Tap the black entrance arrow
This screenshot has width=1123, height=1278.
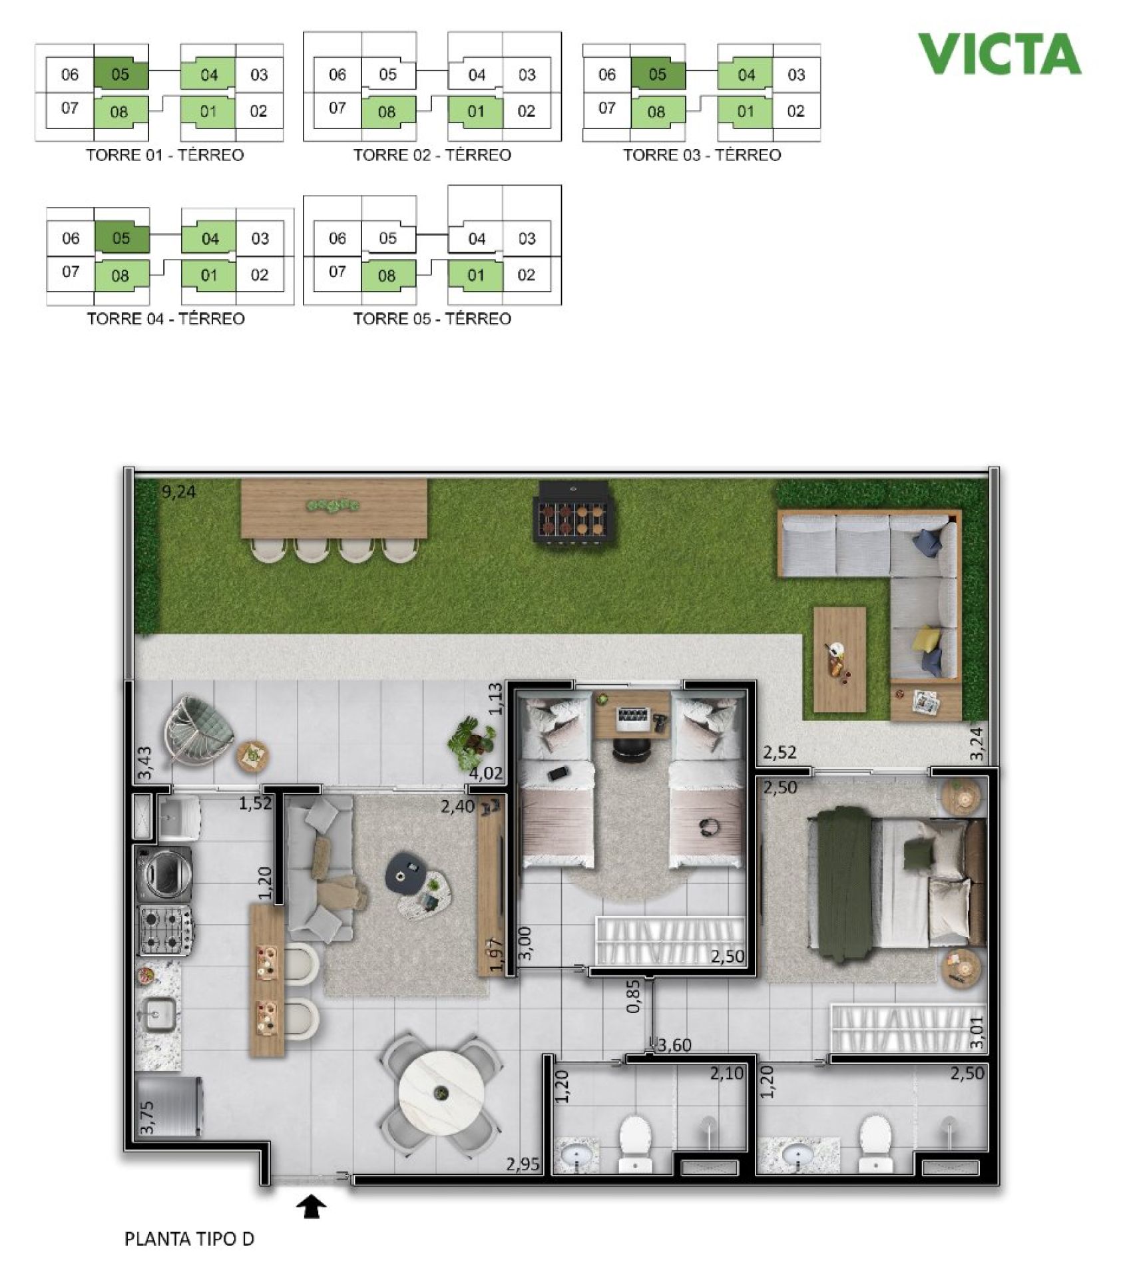click(x=312, y=1205)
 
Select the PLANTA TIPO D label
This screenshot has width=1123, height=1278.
click(x=189, y=1239)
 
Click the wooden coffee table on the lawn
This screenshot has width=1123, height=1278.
click(x=839, y=659)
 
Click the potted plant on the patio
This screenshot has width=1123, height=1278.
click(x=473, y=742)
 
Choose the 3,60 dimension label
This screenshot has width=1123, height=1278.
click(x=674, y=1045)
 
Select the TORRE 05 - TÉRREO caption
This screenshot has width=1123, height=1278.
click(x=432, y=319)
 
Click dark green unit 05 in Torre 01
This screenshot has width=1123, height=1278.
click(x=120, y=74)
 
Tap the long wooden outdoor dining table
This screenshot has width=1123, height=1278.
click(x=334, y=509)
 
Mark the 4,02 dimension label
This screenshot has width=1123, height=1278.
click(x=486, y=773)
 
